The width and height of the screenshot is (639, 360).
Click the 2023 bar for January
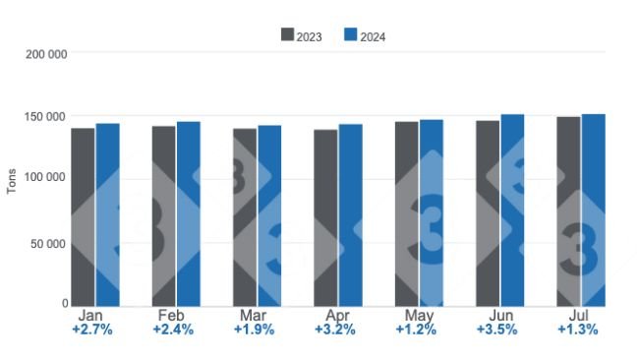coord(83,216)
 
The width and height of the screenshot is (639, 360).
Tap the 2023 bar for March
coord(245,216)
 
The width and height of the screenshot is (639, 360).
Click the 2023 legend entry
coord(301,35)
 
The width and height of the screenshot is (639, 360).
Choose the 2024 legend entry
coord(364,35)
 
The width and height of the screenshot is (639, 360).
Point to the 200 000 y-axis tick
coord(46,54)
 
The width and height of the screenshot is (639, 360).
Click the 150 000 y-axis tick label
coord(46,117)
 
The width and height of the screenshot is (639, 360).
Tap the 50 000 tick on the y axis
coord(49,243)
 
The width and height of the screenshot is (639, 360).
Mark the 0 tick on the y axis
coord(64,304)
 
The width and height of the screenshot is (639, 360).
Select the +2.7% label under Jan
coord(92,330)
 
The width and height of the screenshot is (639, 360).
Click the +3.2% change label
coord(335,330)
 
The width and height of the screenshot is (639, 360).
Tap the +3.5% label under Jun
coord(497,330)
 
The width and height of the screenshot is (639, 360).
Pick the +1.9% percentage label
coord(255,330)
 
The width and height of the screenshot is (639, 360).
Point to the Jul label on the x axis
coord(579,316)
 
